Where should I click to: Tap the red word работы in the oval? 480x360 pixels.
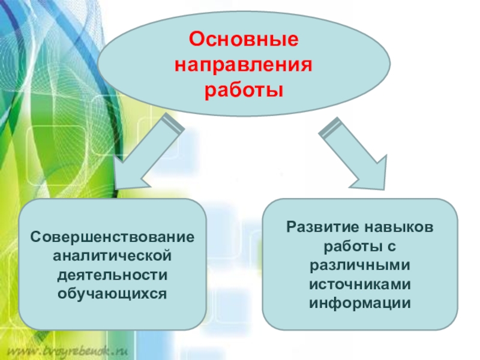[x=244, y=91]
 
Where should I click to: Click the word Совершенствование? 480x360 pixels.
[x=113, y=238]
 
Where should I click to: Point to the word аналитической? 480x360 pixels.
[x=113, y=256]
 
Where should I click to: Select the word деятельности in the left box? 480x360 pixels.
[x=113, y=275]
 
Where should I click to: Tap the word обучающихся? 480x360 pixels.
[x=113, y=294]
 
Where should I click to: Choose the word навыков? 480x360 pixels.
[x=397, y=227]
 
